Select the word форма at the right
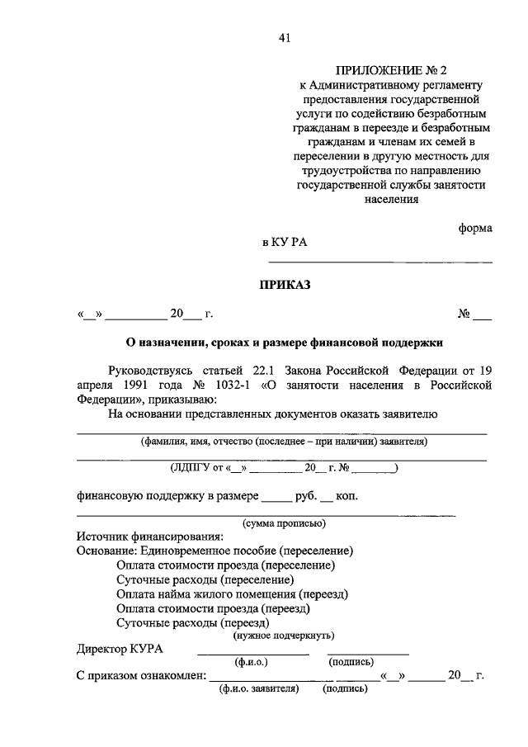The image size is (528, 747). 475,228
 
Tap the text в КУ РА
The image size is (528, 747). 284,242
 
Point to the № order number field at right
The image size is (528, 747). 475,314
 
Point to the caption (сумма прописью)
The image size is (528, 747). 283,522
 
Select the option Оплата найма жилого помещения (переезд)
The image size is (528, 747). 232,593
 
